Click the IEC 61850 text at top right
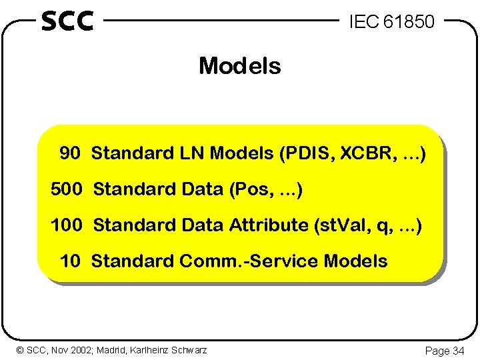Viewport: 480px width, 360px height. [x=391, y=22]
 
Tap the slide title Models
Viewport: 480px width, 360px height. [x=239, y=66]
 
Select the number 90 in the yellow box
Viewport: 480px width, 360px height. [x=70, y=153]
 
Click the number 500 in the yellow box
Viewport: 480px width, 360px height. [x=66, y=189]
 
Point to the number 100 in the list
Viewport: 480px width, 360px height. [x=66, y=225]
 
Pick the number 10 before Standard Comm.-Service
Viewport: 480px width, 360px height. [x=70, y=261]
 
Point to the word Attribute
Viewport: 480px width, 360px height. [x=267, y=225]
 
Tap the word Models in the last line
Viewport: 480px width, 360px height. [x=355, y=261]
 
